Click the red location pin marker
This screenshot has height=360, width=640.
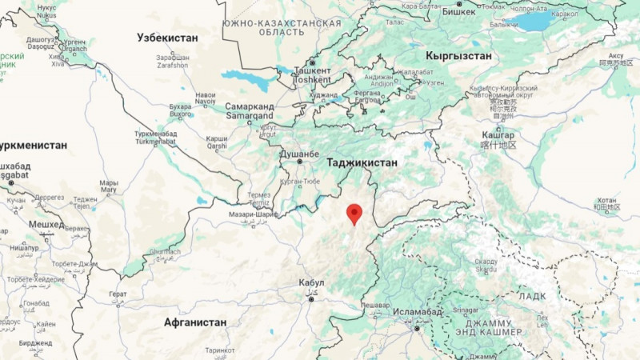[x=354, y=214]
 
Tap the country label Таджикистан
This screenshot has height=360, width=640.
[x=362, y=162]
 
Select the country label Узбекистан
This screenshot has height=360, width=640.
[x=167, y=38]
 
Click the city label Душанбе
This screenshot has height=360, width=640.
[x=301, y=153]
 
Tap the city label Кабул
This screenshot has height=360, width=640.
[x=311, y=282]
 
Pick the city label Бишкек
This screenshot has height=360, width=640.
[x=458, y=11]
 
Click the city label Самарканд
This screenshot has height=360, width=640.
[x=250, y=106]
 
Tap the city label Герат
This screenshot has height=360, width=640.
[x=118, y=294]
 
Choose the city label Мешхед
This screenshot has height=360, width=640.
[x=46, y=225]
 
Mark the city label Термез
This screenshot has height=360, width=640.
[x=258, y=194]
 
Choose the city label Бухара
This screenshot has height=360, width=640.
[x=181, y=106]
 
